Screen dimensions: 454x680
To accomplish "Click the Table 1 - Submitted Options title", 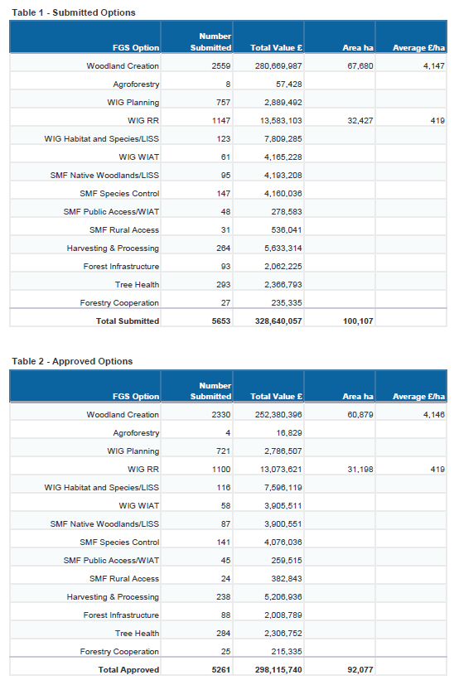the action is pos(74,12).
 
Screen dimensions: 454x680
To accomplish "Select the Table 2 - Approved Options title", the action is pos(72,361).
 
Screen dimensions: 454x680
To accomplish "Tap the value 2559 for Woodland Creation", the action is pos(221,66).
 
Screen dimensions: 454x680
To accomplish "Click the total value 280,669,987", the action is pos(278,66).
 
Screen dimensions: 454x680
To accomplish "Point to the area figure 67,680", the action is pos(360,66).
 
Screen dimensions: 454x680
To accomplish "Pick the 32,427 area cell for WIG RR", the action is pos(360,121).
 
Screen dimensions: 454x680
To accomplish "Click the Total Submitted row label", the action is pos(128,321).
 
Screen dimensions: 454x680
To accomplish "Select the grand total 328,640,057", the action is pos(278,321).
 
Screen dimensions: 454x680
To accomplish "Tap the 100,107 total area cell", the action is pos(358,321).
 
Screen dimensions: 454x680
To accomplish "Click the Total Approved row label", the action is pos(128,669).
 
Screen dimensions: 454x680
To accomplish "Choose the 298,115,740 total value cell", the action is pos(278,669).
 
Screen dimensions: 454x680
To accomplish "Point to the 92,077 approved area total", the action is pos(360,669).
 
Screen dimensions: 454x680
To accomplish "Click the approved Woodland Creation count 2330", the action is pos(221,415).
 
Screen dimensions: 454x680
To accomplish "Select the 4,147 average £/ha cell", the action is pos(434,66).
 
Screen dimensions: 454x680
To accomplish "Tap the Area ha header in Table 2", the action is pos(358,397).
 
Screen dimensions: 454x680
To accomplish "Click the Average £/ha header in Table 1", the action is pos(419,48).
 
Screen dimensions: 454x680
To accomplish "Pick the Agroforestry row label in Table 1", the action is pos(136,84).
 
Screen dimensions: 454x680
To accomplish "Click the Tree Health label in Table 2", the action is pos(137,633).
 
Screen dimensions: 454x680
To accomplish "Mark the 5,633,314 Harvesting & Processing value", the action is pos(283,248).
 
